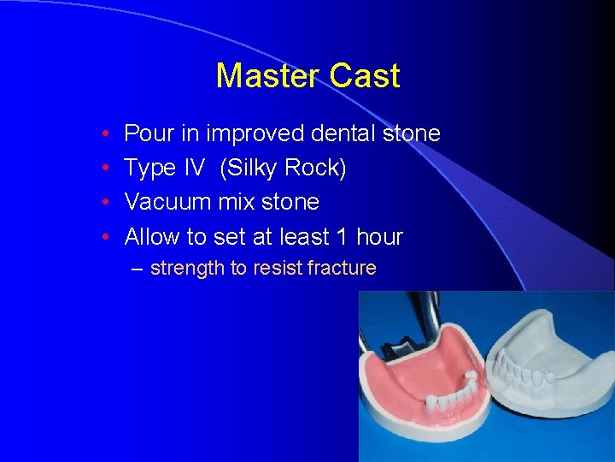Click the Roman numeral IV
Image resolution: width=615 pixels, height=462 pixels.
coord(194,169)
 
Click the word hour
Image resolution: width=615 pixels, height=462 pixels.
coord(379,237)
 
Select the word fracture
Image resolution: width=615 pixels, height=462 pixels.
coord(342,269)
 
